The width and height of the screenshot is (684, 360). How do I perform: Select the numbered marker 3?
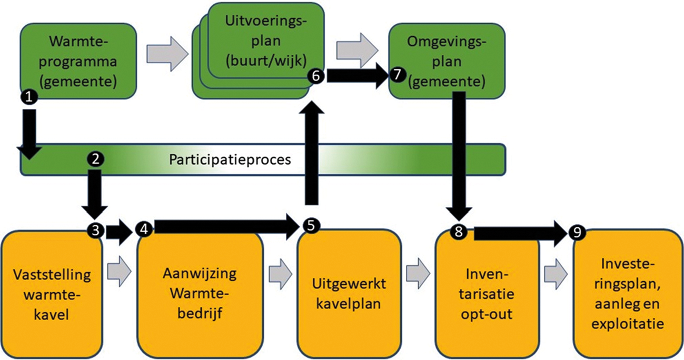(x=95, y=229)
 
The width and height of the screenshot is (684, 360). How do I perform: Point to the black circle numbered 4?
(x=143, y=228)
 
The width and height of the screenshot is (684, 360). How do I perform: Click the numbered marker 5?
(x=311, y=226)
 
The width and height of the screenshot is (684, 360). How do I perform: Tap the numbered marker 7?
(x=398, y=76)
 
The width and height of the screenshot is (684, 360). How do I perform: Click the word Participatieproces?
(x=230, y=159)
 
